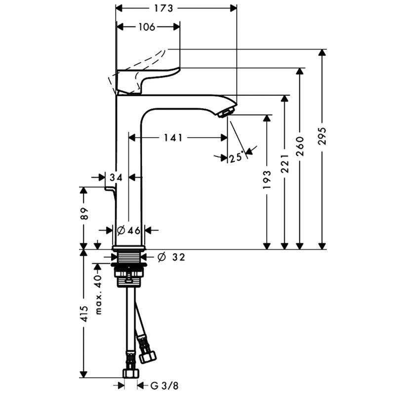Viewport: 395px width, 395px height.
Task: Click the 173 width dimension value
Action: click(x=163, y=8)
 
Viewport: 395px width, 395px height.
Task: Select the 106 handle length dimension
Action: click(x=147, y=27)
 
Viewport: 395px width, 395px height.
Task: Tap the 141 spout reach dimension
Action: click(x=173, y=138)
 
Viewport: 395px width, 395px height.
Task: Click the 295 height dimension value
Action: click(x=322, y=136)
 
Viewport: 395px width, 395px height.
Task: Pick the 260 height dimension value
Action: click(x=300, y=146)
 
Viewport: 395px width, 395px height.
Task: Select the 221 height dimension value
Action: click(x=285, y=164)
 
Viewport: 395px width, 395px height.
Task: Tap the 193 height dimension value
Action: click(x=267, y=180)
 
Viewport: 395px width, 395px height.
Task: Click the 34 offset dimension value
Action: click(x=116, y=178)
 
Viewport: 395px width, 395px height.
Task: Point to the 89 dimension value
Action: click(x=84, y=214)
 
